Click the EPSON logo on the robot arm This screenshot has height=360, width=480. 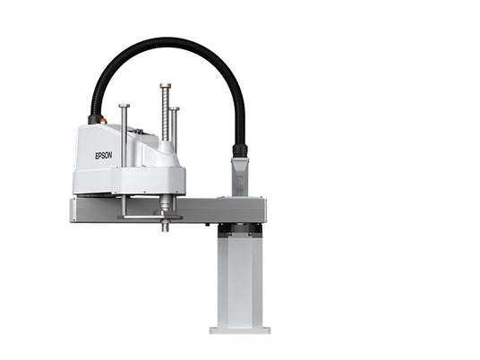pos(104,156)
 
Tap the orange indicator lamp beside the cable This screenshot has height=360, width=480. pos(103,121)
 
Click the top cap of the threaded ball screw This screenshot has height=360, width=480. pos(166,85)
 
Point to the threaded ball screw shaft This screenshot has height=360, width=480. pos(166,114)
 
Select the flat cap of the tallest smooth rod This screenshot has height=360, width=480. pos(124,106)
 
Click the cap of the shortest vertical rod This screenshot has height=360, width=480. pos(175,108)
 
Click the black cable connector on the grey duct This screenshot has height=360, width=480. pos(240,150)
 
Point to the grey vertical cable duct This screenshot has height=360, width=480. pos(240,176)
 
